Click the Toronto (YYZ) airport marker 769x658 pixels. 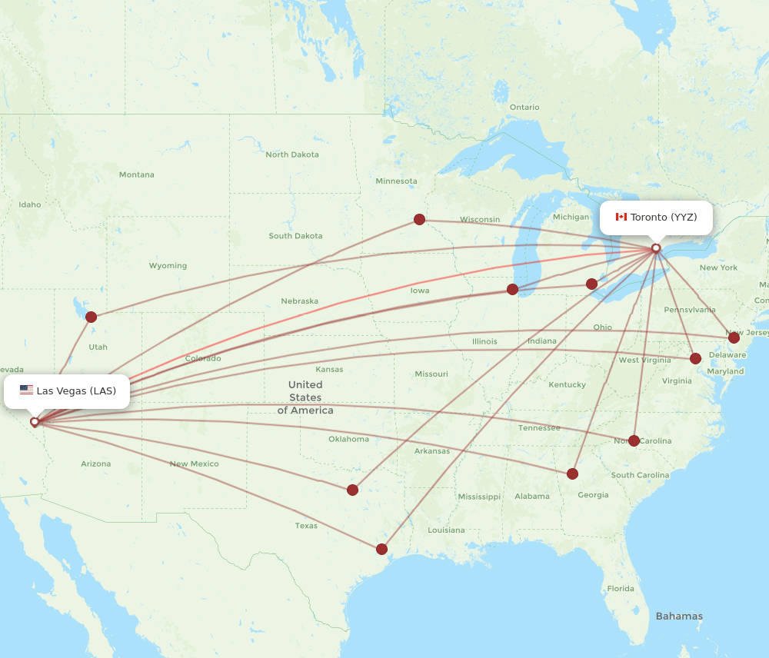[656, 248]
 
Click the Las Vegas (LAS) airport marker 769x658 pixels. [35, 421]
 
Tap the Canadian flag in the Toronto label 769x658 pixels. [621, 218]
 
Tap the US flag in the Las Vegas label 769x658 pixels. [26, 390]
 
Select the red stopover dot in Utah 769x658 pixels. [92, 317]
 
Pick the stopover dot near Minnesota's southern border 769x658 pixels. [419, 219]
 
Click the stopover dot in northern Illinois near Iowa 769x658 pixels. [512, 289]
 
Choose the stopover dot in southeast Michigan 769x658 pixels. [591, 284]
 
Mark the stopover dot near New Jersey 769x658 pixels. [734, 337]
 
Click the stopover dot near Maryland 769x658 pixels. [695, 358]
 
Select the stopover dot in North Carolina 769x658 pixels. [634, 440]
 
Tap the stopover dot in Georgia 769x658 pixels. [572, 474]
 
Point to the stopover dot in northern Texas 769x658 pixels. [352, 490]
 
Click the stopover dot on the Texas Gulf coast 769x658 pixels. [381, 549]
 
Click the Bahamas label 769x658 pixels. [679, 616]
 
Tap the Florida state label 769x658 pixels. [621, 589]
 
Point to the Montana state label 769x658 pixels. [136, 174]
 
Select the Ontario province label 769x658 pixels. [524, 107]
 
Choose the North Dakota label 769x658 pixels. [292, 155]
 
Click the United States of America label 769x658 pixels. [305, 397]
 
